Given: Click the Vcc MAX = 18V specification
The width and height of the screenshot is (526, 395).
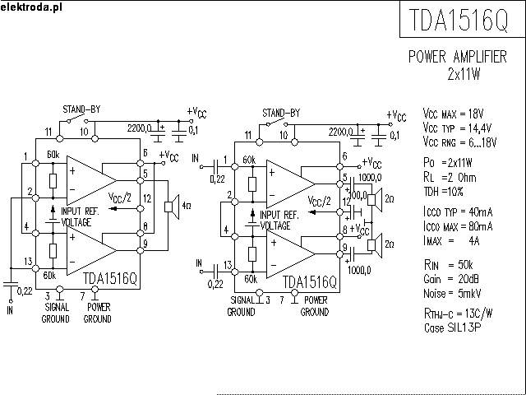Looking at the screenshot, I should click(x=453, y=114).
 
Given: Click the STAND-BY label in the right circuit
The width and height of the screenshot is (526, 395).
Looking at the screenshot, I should click(x=280, y=113).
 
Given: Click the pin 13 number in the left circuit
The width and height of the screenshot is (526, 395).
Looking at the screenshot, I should click(x=29, y=262).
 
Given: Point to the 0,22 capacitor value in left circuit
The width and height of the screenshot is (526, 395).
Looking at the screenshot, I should click(x=25, y=290).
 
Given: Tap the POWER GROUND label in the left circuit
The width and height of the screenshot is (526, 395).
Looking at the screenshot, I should click(x=97, y=314).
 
